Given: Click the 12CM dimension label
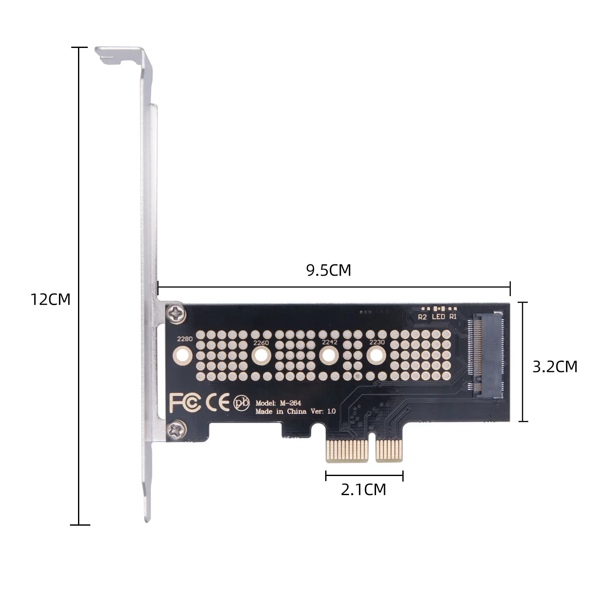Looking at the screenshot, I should (x=50, y=300).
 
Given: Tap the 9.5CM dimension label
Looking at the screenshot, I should (x=329, y=270).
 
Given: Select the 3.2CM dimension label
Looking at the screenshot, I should (x=555, y=367).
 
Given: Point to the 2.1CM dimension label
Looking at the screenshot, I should (x=363, y=490).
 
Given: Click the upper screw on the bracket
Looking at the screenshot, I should (x=176, y=313).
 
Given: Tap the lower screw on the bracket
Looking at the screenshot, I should (x=176, y=430).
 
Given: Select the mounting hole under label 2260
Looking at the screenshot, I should (x=261, y=355).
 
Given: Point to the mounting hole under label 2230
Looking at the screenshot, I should (x=374, y=355).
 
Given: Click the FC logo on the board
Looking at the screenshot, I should (x=185, y=403).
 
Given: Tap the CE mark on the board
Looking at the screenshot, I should (x=217, y=403).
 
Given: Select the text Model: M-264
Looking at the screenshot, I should (x=278, y=403).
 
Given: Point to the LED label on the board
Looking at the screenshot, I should (x=438, y=317).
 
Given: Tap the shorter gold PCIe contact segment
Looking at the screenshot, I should (x=389, y=451).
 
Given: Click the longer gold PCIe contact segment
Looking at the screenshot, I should (x=347, y=451).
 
